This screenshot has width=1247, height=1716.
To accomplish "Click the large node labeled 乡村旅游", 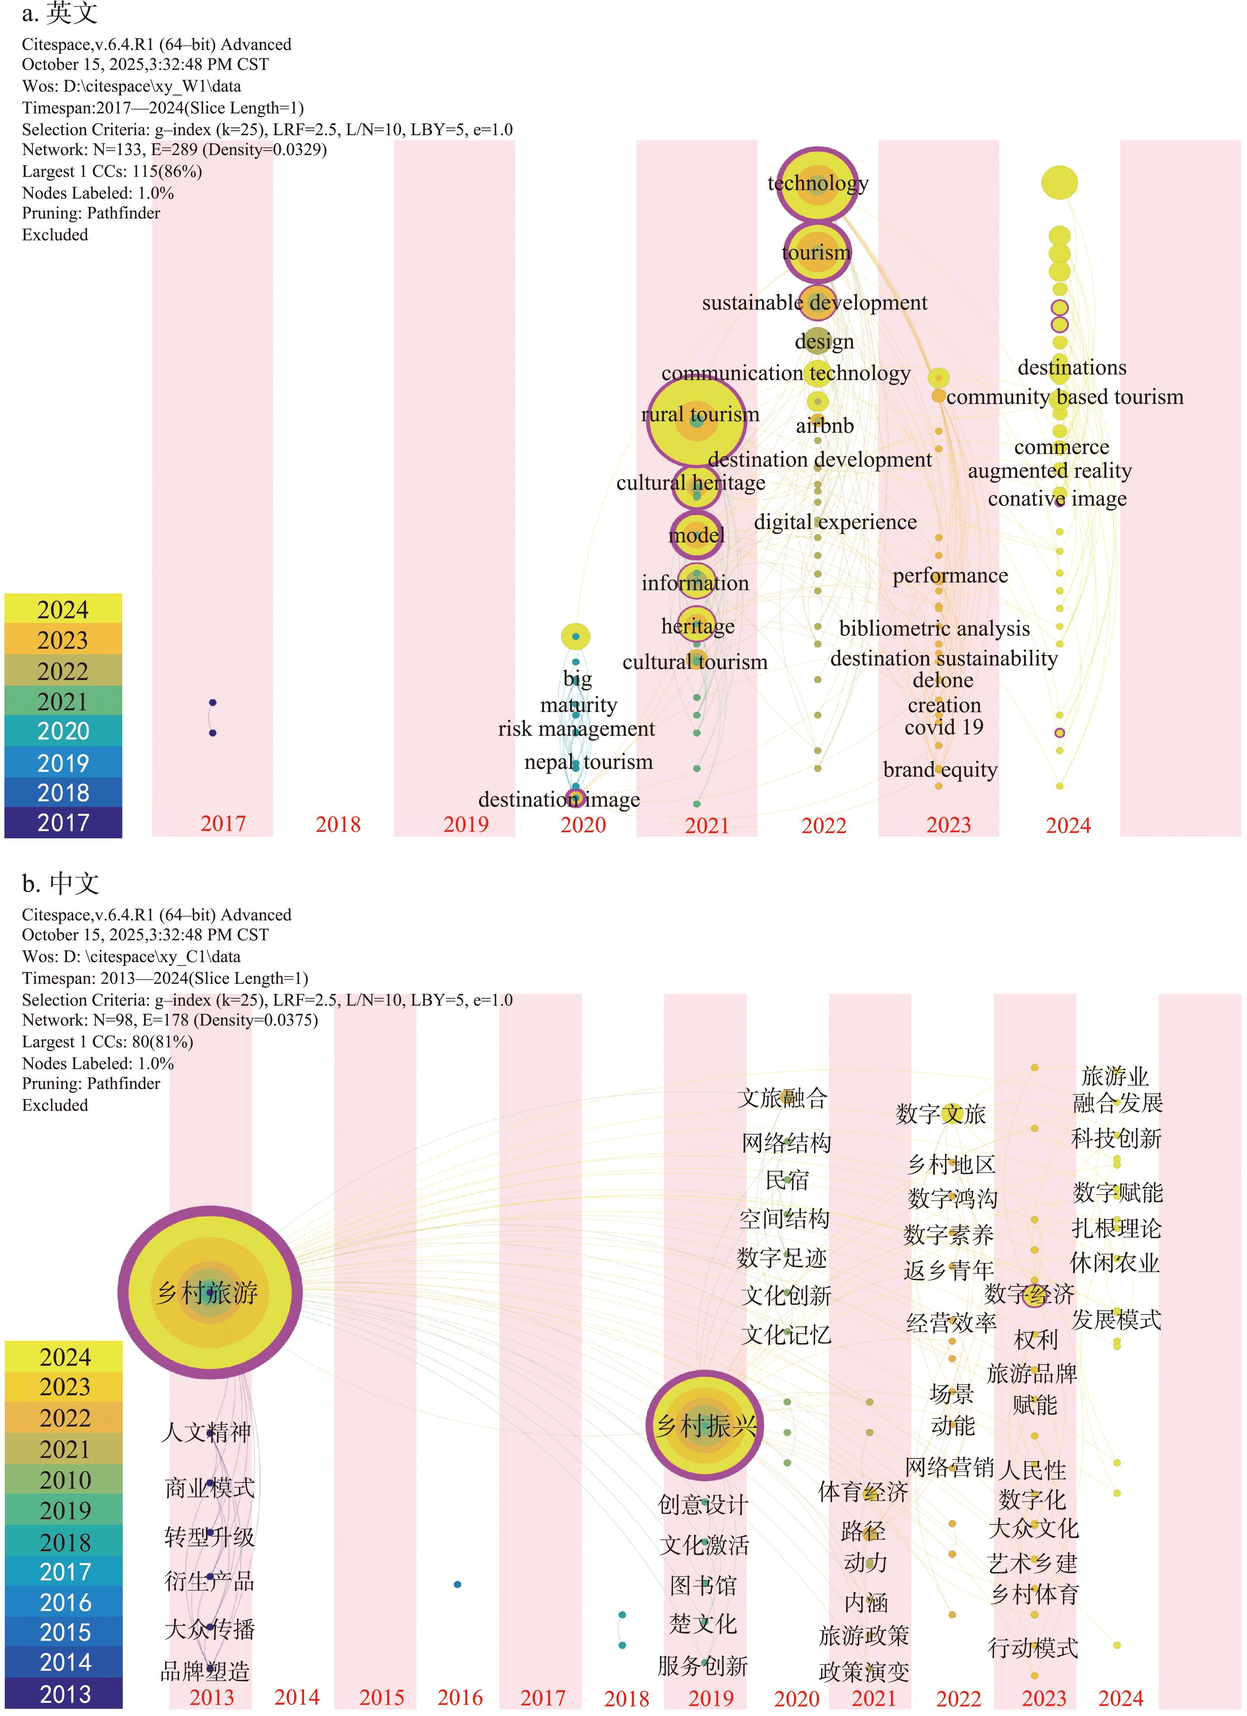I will [x=209, y=1291].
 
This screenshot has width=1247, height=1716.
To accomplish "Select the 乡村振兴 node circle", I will [x=704, y=1425].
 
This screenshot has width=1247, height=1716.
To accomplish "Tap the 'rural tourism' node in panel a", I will [x=696, y=421].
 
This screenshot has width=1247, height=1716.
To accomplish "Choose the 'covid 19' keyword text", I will [x=944, y=727].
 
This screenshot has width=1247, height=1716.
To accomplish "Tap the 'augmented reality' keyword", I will [x=1049, y=471].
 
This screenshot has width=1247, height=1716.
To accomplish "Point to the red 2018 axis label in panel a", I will [x=337, y=824].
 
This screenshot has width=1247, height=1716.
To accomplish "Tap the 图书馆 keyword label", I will [x=703, y=1585].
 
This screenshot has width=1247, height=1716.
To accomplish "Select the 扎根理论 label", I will [x=1116, y=1228].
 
